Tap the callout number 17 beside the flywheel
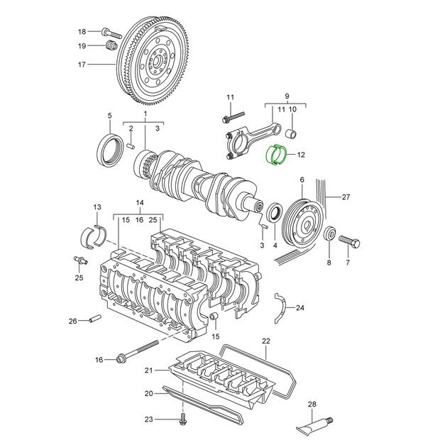click(82, 65)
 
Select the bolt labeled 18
click(111, 33)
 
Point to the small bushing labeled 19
click(111, 45)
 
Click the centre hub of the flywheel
click(156, 62)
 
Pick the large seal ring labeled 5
click(109, 150)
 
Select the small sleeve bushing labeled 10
click(292, 133)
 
